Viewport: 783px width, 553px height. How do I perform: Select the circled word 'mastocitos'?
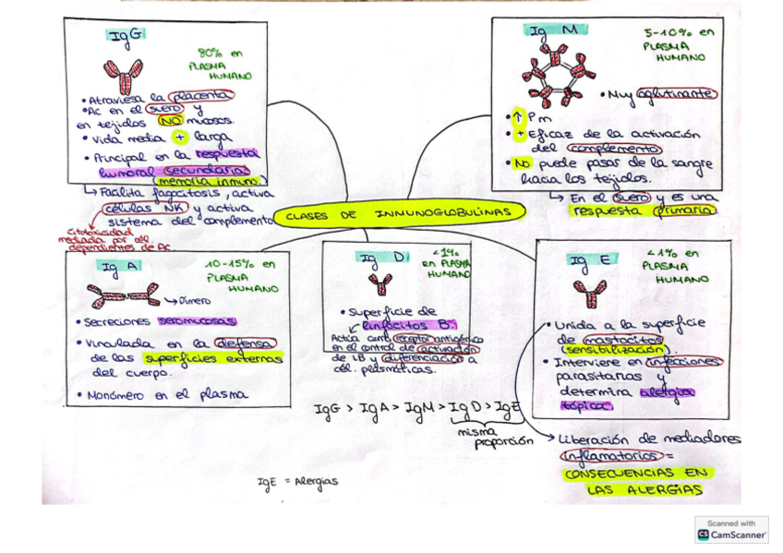(x=618, y=339)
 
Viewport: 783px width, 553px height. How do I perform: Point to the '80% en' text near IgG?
(x=222, y=54)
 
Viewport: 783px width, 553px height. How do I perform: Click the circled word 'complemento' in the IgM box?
(x=609, y=149)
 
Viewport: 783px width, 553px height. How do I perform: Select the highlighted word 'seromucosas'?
(x=197, y=321)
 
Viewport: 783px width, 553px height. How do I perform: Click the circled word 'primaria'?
(x=683, y=210)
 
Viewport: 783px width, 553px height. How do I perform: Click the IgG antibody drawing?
(x=123, y=75)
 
